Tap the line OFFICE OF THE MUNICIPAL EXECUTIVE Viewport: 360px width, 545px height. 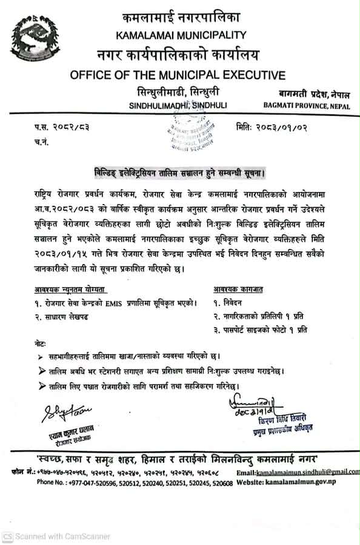pos(178,76)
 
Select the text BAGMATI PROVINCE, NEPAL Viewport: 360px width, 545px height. pos(307,106)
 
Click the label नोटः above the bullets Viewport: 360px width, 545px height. pos(41,343)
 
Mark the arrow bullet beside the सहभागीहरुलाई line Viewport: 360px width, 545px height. pos(41,357)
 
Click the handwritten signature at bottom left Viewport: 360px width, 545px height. pos(64,414)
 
